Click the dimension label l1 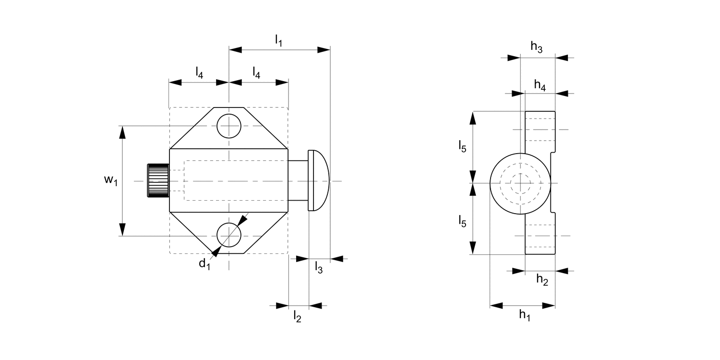(x=278, y=41)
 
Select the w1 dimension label (x=110, y=180)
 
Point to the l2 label (x=297, y=316)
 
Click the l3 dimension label (x=319, y=267)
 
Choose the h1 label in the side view (x=525, y=315)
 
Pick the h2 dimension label (x=542, y=280)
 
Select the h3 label (x=537, y=47)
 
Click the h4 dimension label (x=540, y=85)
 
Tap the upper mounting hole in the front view (x=229, y=126)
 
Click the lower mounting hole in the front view (x=229, y=235)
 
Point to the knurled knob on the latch (x=158, y=180)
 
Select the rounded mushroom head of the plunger (x=319, y=180)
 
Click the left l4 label (x=199, y=73)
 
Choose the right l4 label (x=257, y=73)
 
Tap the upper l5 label (x=462, y=147)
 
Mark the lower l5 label (x=462, y=221)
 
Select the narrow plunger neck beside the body (x=298, y=180)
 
